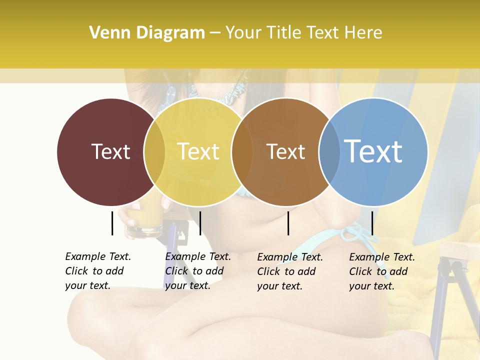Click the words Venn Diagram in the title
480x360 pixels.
[147, 33]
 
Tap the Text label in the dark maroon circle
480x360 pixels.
[110, 151]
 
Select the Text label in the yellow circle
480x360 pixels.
[198, 151]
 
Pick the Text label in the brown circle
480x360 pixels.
[285, 151]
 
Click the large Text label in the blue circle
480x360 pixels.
[373, 151]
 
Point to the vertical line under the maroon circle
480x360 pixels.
[112, 223]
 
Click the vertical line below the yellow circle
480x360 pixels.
[200, 223]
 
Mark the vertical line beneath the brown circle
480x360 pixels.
[288, 223]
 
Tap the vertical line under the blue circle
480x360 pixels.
[372, 223]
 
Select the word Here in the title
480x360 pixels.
[364, 33]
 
